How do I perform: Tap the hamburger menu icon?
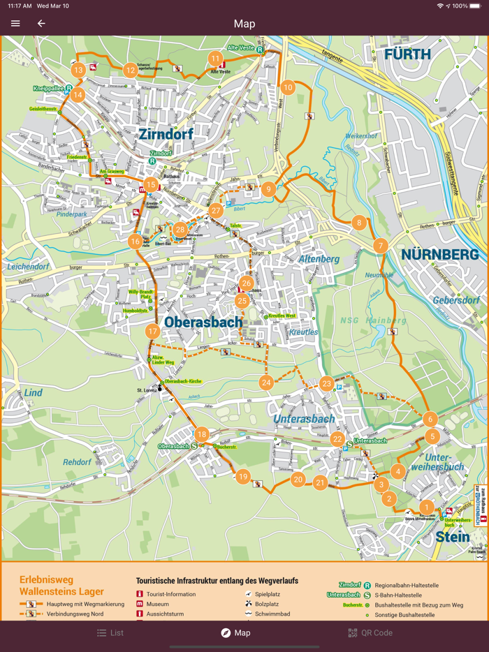click(15, 24)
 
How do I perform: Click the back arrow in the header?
click(41, 24)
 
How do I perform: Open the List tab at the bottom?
click(110, 632)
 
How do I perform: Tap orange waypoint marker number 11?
click(215, 59)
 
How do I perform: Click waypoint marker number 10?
click(288, 87)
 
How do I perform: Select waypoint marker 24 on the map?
click(266, 383)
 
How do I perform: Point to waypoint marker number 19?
click(243, 477)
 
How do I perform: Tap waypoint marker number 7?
click(381, 245)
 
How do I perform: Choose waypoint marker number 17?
click(152, 332)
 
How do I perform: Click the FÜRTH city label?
click(407, 54)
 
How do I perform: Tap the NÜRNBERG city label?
click(439, 255)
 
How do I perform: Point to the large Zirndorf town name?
click(166, 134)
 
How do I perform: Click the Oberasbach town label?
click(203, 322)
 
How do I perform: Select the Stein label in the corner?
click(453, 536)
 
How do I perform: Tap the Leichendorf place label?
click(29, 267)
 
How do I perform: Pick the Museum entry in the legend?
click(157, 604)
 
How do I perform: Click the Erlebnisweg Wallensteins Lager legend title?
click(61, 586)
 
